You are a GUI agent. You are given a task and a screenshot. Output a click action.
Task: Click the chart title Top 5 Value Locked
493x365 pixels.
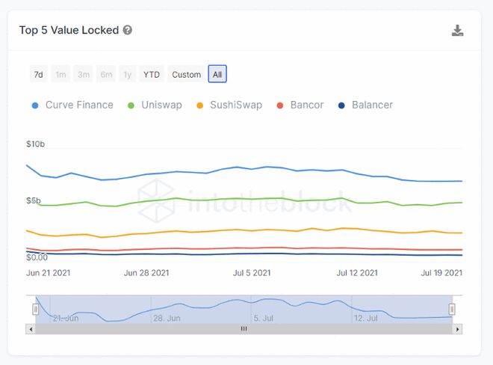coord(69,31)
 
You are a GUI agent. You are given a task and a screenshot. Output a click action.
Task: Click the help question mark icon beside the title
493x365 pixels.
coord(128,31)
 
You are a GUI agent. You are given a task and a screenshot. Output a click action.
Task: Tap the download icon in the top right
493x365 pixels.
coord(458,31)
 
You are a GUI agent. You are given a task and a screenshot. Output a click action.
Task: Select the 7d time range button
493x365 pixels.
coord(38,74)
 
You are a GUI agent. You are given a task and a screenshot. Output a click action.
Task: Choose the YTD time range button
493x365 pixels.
coord(152,74)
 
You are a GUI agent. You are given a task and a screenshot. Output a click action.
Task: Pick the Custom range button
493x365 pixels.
coord(186,74)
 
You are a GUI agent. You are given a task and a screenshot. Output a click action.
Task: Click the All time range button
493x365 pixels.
coord(217,74)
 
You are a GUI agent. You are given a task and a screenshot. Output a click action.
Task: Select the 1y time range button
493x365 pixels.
coord(128,74)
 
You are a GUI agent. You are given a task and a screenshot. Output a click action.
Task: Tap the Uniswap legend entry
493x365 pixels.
coord(155,105)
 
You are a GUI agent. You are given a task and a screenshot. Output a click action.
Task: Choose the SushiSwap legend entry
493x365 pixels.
coord(229,105)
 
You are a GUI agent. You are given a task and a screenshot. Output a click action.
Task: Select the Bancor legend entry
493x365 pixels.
coord(300,105)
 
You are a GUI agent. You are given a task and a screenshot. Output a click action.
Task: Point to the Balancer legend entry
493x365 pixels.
coord(366,105)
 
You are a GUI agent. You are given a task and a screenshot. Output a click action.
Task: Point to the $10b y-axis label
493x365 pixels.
coord(35,144)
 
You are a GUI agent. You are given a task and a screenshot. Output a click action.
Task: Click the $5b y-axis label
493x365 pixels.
coord(33,200)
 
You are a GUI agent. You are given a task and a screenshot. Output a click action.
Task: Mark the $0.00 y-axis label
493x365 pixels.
coord(37,257)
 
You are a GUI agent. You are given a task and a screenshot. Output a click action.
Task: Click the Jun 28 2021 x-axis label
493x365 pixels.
coord(146,273)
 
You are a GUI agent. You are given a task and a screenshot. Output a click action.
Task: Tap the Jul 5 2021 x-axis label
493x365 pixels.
coord(251,273)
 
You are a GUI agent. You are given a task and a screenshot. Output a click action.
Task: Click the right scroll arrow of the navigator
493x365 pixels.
coord(457,328)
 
